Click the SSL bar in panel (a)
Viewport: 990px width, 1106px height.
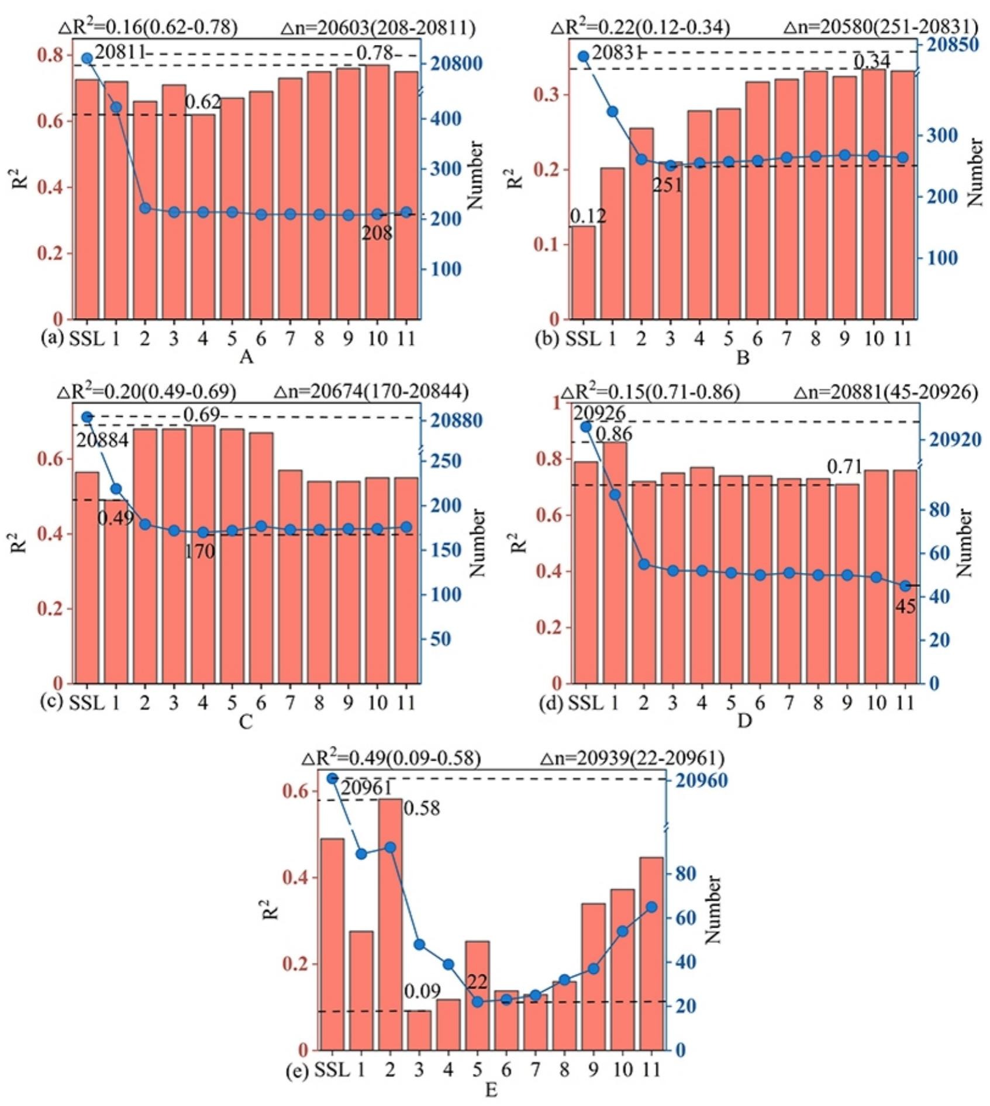coord(87,199)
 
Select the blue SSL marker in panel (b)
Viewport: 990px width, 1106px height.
coord(583,56)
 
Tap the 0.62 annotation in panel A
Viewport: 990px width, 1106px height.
coord(203,102)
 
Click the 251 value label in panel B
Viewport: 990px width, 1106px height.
coord(668,185)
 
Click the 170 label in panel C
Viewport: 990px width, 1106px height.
coord(200,551)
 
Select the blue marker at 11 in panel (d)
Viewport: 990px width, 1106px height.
coord(905,586)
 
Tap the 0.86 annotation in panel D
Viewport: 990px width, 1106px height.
coord(614,434)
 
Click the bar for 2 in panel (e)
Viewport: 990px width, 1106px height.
coord(390,924)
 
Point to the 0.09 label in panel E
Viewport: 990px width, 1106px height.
coord(422,991)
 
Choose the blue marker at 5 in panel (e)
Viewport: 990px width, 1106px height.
coord(477,1002)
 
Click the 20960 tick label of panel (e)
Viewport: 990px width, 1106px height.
coord(702,781)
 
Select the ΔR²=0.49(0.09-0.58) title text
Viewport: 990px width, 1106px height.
coord(391,758)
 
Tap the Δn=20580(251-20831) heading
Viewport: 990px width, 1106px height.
coord(881,27)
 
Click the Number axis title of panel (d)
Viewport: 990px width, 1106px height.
coord(964,543)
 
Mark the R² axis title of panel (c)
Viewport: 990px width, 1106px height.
coord(19,542)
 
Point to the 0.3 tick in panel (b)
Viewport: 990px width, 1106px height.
coord(547,95)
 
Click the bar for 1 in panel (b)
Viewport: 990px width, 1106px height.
coord(612,243)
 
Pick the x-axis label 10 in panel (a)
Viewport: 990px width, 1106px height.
coord(377,338)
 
